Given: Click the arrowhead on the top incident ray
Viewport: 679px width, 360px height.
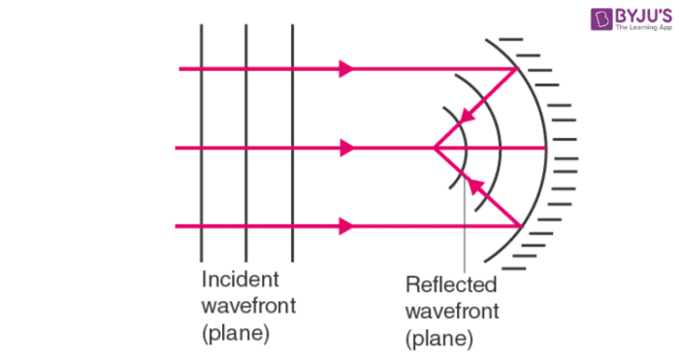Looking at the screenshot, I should (345, 70).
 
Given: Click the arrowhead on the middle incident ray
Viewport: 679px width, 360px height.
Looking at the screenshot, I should (345, 148).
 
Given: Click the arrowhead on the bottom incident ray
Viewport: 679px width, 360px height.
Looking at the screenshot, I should (345, 227).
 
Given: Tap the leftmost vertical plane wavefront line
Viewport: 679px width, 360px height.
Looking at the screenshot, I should (201, 146).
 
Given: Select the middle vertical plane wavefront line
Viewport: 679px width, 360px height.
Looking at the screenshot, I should (246, 146).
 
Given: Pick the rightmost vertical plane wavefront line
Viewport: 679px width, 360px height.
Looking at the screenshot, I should (292, 146).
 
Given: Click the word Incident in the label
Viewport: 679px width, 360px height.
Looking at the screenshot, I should (240, 281).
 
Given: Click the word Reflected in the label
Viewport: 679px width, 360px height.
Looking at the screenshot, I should (451, 286).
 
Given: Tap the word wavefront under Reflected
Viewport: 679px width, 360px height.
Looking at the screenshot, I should (452, 311).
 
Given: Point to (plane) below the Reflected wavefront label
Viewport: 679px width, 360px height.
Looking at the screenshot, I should (439, 339).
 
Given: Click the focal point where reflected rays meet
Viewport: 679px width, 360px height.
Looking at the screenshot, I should (434, 148).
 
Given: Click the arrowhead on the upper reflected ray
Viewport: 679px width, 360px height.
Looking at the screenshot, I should (467, 118).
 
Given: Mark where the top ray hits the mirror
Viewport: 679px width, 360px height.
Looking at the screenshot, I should (518, 70).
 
